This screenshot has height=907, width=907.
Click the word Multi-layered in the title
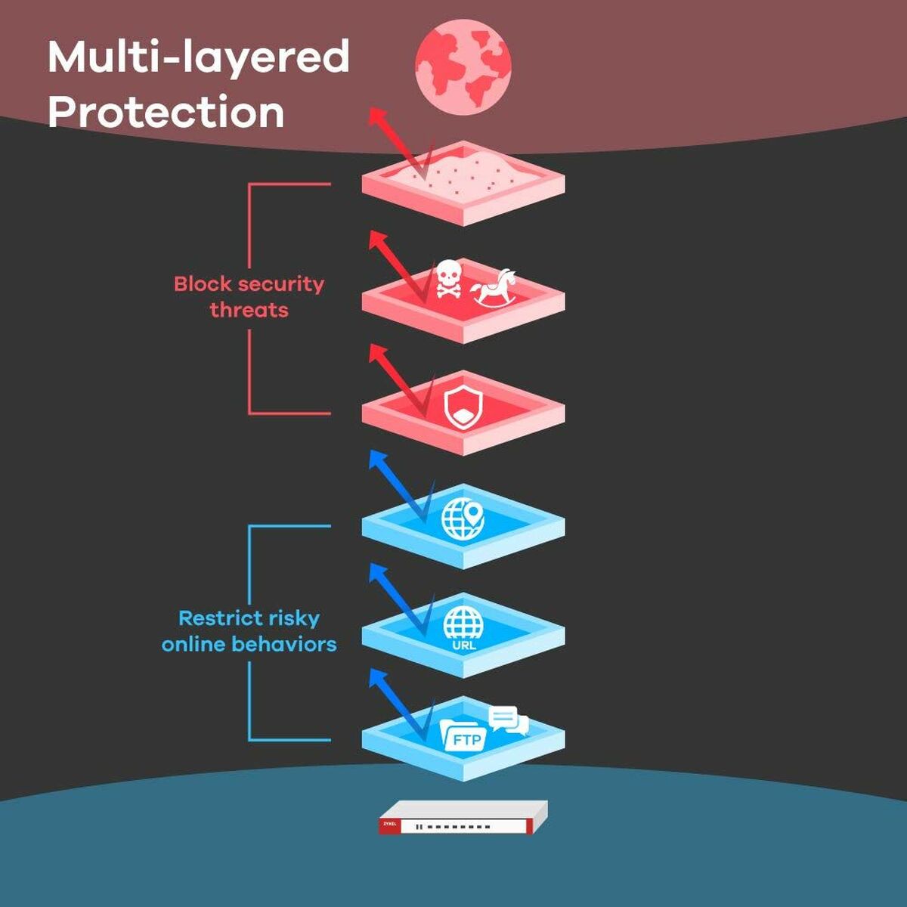(x=199, y=57)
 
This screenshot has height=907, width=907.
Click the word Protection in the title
(x=166, y=112)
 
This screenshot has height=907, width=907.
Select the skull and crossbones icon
(x=448, y=278)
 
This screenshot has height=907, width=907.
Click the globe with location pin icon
(x=463, y=519)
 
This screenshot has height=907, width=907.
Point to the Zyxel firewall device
(x=463, y=817)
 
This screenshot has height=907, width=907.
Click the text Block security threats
(x=249, y=296)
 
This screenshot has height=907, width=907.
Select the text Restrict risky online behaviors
(x=249, y=631)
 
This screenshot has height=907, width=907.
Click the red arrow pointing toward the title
(x=397, y=144)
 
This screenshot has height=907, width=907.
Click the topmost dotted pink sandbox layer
(x=463, y=181)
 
